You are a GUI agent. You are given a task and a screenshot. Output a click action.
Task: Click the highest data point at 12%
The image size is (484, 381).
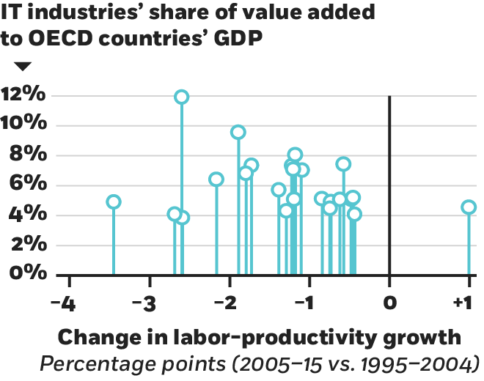[x=182, y=96]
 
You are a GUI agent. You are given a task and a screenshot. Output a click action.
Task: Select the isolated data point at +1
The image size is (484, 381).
[x=469, y=207]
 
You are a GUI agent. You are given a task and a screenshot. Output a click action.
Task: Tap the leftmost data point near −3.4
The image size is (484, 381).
[x=113, y=201]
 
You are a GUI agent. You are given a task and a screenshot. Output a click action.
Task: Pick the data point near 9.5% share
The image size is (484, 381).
[x=238, y=132]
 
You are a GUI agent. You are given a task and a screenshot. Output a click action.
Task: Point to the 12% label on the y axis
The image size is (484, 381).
[x=26, y=96]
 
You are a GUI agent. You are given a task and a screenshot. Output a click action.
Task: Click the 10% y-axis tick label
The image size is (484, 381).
[x=26, y=125]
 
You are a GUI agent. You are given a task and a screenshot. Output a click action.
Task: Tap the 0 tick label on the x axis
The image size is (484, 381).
[x=389, y=301]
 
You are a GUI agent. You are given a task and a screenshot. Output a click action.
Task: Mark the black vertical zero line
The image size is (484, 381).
[x=389, y=183]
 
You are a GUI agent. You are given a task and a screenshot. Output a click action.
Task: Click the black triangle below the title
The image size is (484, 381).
[x=23, y=67]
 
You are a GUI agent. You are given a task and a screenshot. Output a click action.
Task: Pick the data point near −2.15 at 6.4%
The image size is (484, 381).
[x=216, y=179]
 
